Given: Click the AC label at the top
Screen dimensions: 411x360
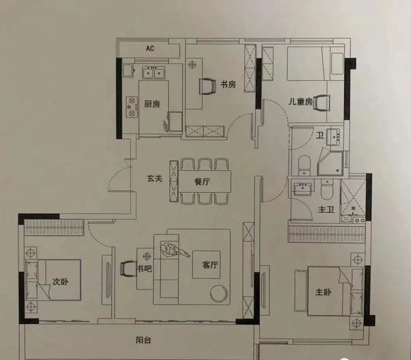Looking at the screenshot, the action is [x=150, y=48].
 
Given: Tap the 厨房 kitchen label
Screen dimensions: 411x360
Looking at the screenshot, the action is [x=152, y=104].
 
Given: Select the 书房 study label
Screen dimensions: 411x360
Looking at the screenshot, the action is [x=228, y=84].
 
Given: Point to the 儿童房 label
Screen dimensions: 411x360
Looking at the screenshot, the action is [x=300, y=102].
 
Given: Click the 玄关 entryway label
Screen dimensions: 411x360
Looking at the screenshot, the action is [x=155, y=178].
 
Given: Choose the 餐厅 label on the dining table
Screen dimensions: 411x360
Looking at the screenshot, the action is [x=202, y=181].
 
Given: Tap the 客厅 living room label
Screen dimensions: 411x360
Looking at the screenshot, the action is [x=210, y=265].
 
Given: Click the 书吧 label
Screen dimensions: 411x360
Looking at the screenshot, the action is [x=144, y=268].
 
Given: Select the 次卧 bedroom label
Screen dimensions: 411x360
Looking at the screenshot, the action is [x=60, y=282].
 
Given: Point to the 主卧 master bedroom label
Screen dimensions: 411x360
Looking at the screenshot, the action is [x=323, y=292].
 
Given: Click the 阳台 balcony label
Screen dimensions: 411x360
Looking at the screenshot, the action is [x=143, y=340].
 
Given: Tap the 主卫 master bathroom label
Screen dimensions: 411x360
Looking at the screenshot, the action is [x=326, y=209].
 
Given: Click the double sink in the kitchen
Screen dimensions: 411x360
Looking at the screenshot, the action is [x=154, y=73].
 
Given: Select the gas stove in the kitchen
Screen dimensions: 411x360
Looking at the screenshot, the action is [x=132, y=107].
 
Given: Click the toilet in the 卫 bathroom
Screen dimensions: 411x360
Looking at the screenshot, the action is [x=304, y=166].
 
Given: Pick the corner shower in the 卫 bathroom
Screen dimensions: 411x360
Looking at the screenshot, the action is [x=330, y=162].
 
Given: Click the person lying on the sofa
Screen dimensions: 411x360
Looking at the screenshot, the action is [x=173, y=250].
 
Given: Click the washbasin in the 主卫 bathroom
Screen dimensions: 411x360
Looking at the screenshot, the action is [x=302, y=188].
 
